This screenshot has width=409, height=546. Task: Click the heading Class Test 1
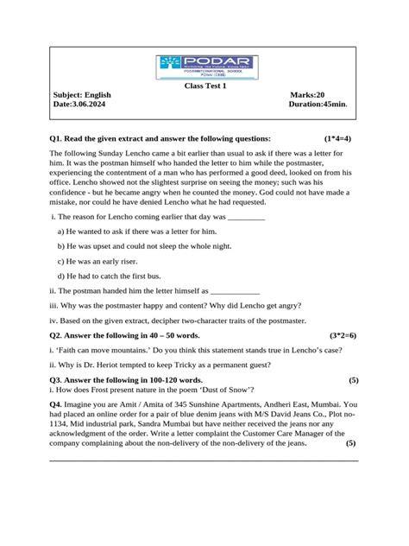204,86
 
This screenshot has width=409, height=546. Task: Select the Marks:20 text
308,95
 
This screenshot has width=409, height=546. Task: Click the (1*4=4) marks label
338,138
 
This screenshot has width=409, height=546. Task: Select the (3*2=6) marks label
343,334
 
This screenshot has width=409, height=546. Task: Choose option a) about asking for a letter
137,232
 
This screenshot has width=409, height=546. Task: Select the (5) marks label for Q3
354,380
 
